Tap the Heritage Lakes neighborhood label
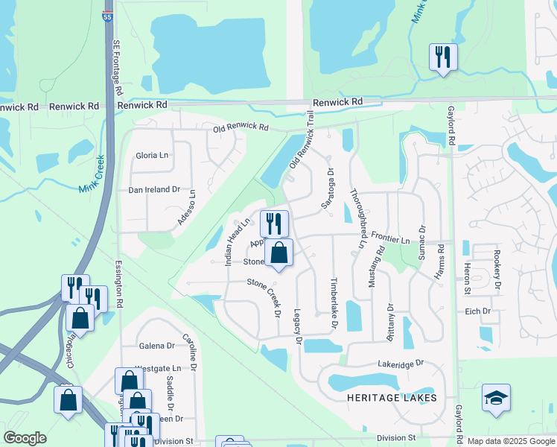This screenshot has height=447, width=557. tap(392, 398)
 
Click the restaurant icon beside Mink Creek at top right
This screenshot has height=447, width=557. tap(443, 57)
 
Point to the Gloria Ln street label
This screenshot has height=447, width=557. tap(152, 155)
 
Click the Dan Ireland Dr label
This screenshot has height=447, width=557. tap(155, 190)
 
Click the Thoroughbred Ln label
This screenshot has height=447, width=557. tap(359, 218)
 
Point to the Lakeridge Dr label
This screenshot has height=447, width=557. tap(400, 363)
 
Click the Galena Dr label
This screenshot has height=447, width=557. tap(156, 346)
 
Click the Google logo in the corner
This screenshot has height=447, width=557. tap(25, 438)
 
